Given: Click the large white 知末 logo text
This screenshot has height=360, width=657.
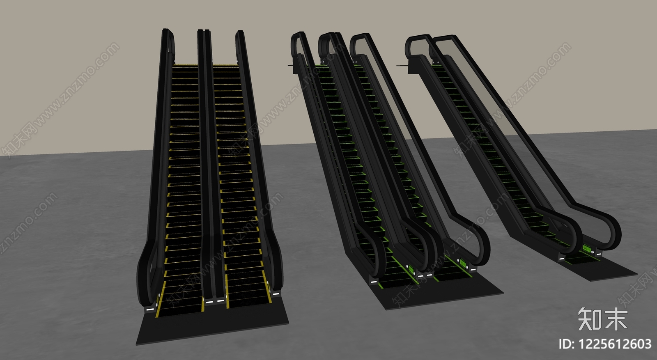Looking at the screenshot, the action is [x=603, y=319].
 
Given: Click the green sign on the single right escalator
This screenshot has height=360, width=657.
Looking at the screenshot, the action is [x=587, y=249].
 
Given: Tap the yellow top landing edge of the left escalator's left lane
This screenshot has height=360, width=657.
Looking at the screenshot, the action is [x=185, y=64].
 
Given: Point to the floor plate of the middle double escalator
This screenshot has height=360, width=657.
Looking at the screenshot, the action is [x=437, y=290].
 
